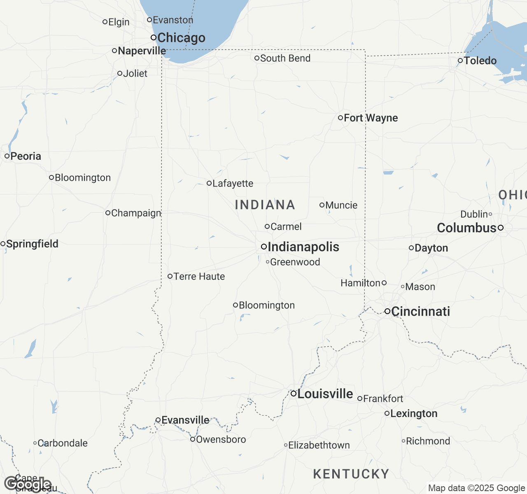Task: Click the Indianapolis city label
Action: (303, 247)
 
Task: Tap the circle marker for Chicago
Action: (154, 37)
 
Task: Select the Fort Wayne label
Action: (371, 118)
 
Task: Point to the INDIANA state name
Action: (265, 205)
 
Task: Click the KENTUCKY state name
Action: (351, 474)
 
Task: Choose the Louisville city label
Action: (325, 394)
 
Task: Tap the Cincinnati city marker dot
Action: (387, 311)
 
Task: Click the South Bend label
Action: (285, 58)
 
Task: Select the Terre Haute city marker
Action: (170, 276)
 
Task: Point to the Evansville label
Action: (185, 420)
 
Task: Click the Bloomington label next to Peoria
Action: (83, 178)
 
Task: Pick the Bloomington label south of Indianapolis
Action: (267, 305)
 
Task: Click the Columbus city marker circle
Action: (501, 228)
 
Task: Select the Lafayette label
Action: (233, 184)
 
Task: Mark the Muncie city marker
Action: (322, 205)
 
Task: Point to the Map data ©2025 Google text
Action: (476, 488)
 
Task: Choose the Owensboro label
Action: (221, 440)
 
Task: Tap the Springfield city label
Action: (32, 244)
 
